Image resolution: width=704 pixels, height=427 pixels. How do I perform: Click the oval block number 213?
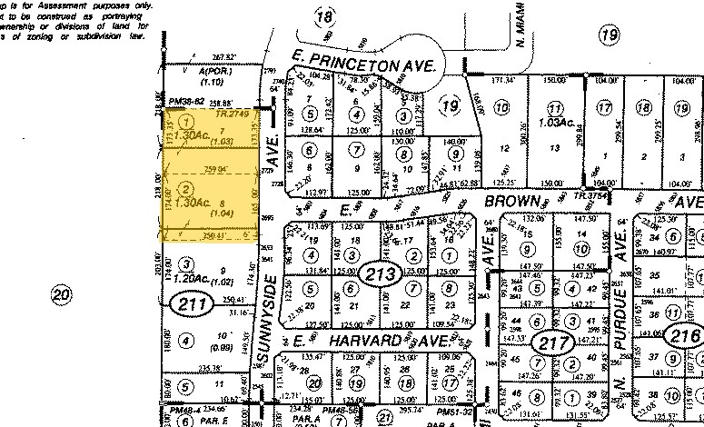click(374, 273)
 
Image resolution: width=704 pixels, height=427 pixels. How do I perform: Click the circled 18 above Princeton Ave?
click(323, 15)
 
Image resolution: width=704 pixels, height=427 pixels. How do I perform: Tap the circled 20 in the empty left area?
click(61, 294)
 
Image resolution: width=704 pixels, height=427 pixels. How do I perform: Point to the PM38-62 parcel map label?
click(187, 102)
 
